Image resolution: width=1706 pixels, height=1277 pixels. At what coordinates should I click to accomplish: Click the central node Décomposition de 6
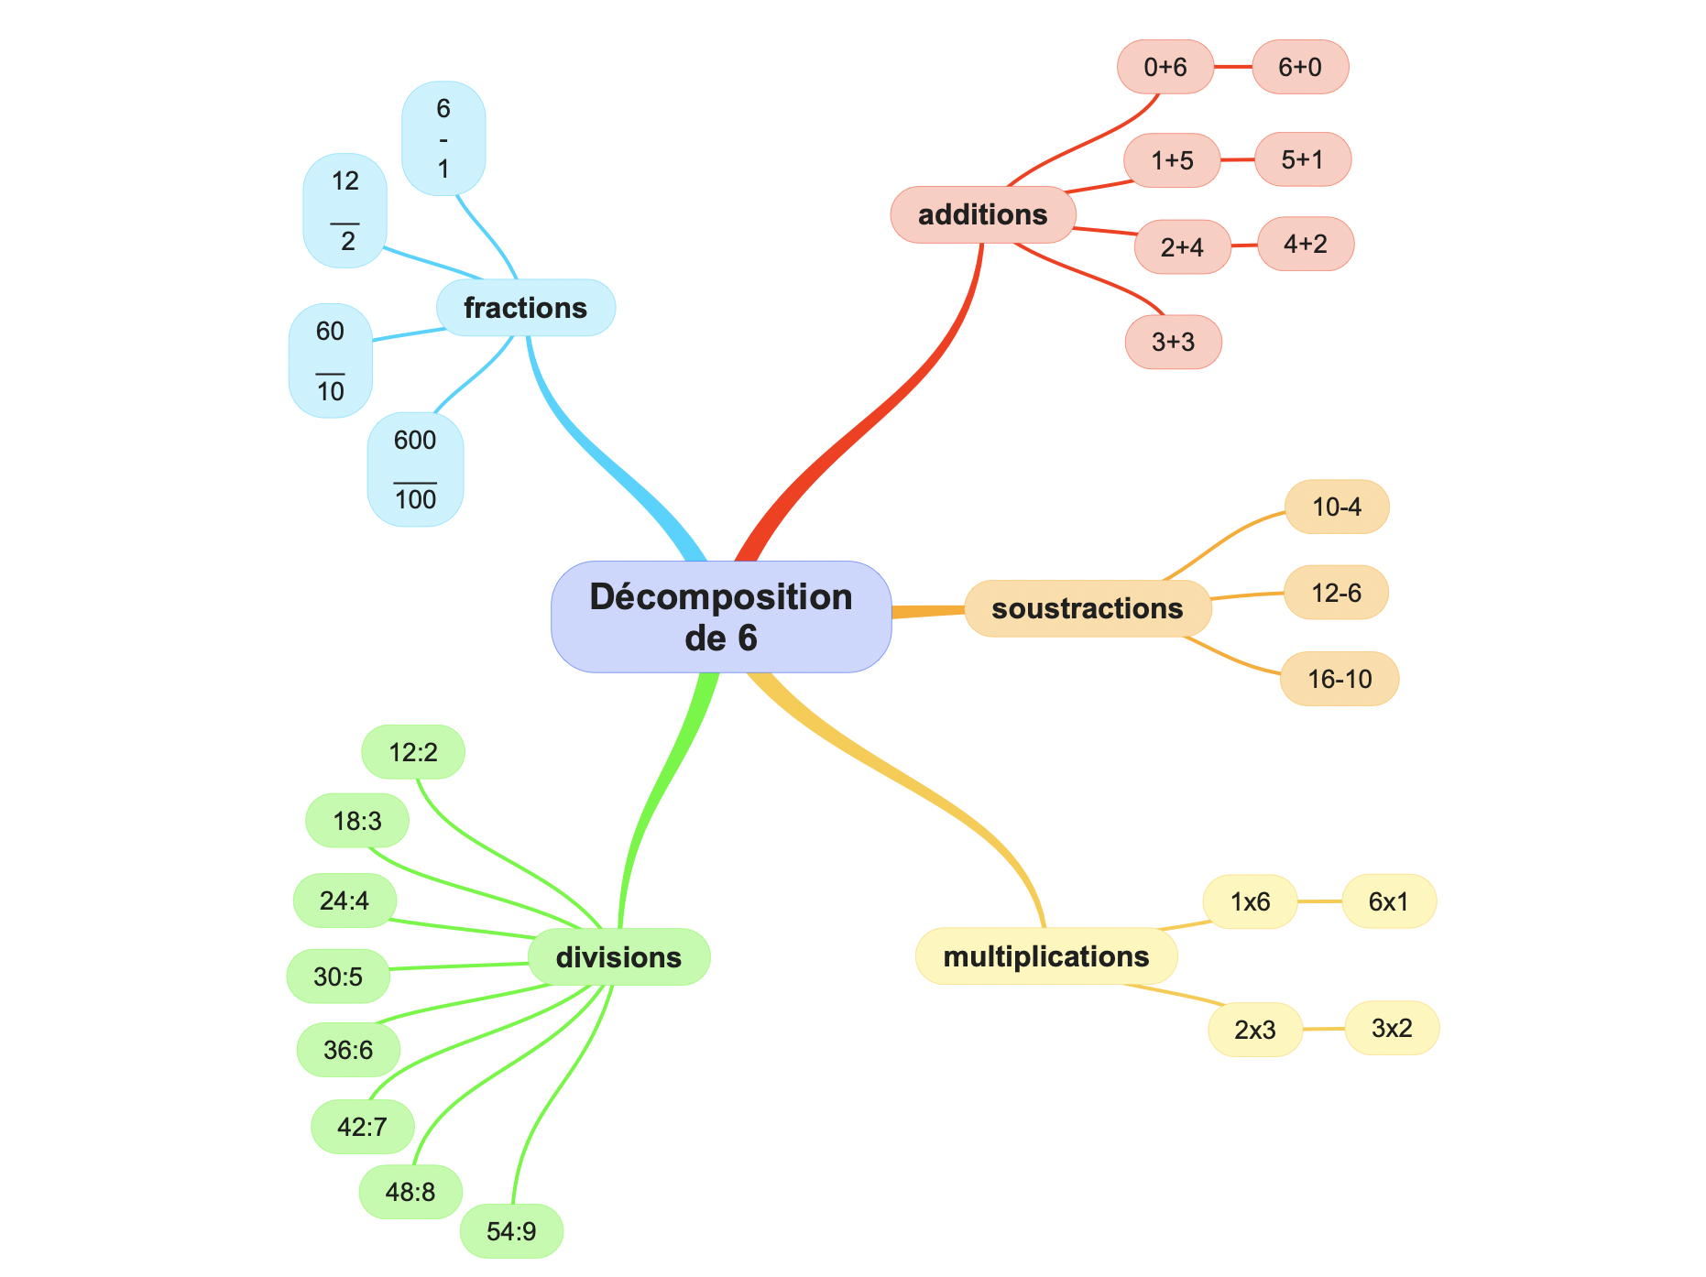721,617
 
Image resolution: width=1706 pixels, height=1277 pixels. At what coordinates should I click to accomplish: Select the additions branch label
982,215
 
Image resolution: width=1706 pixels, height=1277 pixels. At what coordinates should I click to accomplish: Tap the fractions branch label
525,308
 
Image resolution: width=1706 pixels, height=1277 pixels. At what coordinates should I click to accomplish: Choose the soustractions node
1087,608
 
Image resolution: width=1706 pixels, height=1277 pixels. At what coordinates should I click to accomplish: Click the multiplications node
1045,956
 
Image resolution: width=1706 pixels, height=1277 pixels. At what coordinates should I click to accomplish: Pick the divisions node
618,957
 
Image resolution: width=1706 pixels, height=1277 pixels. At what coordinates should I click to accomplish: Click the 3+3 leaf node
1173,342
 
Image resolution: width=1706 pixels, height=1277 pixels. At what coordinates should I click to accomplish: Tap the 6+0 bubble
1299,67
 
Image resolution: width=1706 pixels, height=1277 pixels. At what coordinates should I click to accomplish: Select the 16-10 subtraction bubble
1339,679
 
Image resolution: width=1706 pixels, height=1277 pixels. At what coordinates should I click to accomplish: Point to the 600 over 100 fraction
415,470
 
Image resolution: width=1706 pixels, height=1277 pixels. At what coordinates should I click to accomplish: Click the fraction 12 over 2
344,211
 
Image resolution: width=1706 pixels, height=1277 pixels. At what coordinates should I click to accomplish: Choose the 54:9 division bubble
511,1230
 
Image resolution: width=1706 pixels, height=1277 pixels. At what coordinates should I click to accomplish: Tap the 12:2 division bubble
413,752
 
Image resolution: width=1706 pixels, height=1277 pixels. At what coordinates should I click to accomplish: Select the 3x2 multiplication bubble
1391,1028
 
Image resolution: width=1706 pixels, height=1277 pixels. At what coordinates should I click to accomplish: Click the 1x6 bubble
1250,902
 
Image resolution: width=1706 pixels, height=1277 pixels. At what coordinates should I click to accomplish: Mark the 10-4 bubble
1336,507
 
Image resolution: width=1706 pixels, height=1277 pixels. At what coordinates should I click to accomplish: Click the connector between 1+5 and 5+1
1237,160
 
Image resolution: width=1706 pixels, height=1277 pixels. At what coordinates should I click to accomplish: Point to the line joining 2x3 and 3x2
1323,1029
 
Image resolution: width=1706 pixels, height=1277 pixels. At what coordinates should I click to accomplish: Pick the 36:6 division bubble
348,1050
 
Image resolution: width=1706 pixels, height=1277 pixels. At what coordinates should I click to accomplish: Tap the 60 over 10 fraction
331,361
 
